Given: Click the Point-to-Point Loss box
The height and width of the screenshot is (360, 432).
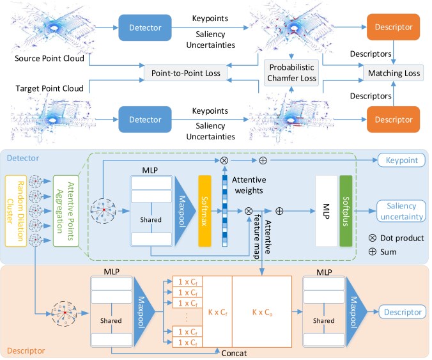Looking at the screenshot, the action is [x=186, y=73].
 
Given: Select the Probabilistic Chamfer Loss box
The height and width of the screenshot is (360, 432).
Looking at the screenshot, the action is [x=291, y=72].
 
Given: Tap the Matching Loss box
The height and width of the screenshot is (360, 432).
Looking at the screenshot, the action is [x=394, y=73].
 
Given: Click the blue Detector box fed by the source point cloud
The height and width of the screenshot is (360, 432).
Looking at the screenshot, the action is [x=145, y=27].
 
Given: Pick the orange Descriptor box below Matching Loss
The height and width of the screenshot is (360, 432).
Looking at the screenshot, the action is [x=394, y=120].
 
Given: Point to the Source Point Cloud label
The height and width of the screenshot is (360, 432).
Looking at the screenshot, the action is [x=49, y=58].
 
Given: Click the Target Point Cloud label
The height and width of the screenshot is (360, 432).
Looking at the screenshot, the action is [x=49, y=88].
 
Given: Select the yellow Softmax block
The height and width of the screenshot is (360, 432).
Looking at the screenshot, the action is [x=204, y=211].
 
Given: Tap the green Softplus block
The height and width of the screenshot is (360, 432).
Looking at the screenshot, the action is [x=346, y=211].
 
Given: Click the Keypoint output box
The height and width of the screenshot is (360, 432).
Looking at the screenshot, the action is [x=402, y=160].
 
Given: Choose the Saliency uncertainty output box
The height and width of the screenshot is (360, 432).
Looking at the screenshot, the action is [x=401, y=211].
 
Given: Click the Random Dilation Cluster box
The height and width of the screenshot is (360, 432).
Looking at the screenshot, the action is [x=16, y=211].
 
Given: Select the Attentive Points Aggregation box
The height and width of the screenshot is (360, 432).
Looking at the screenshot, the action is [x=66, y=211].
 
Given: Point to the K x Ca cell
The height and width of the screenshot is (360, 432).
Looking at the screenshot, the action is [x=262, y=312].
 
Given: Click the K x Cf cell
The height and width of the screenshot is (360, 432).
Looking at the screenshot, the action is [x=217, y=312].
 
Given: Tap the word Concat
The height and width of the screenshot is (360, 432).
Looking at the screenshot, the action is [x=234, y=353].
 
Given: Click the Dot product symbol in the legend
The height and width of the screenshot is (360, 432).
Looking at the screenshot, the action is [x=372, y=238].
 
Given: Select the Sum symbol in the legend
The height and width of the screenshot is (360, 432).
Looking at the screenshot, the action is [x=372, y=252].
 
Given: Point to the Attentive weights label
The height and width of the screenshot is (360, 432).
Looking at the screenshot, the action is [x=249, y=185].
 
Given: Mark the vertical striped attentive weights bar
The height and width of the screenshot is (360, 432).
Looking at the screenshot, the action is [x=225, y=211].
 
